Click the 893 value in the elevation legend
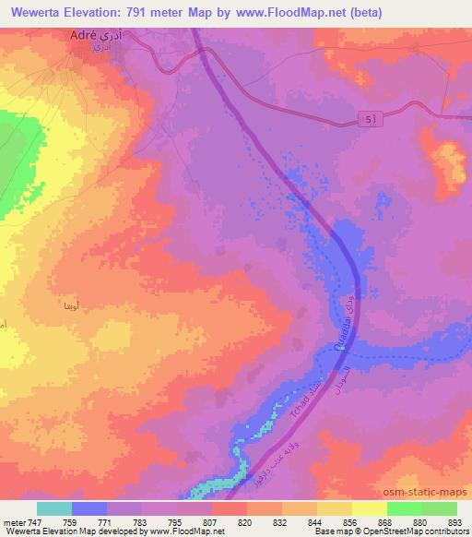(x=454, y=521)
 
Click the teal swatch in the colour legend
(x=54, y=508)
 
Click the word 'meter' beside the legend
(x=13, y=521)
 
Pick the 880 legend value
(x=419, y=521)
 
